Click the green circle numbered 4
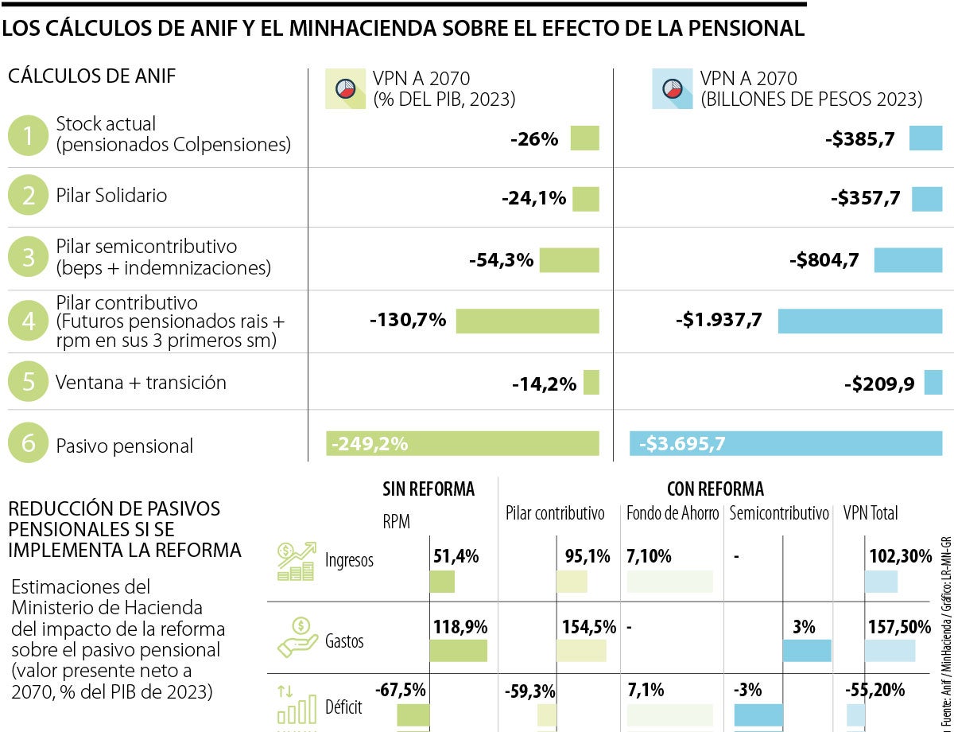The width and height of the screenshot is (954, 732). (x=29, y=321)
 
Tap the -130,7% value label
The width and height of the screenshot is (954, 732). (x=408, y=321)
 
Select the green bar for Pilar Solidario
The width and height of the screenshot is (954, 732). (x=585, y=198)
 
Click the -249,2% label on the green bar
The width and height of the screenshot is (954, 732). (x=370, y=444)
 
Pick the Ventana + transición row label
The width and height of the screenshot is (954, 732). (x=141, y=383)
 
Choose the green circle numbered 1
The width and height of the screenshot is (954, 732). (x=29, y=137)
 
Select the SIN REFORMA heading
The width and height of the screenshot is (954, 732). (x=429, y=489)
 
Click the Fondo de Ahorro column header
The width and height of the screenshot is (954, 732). (x=672, y=513)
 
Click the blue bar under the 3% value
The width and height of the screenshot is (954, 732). (x=807, y=650)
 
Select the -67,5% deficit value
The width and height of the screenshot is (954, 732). (x=401, y=689)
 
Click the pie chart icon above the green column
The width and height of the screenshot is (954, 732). (x=345, y=90)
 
